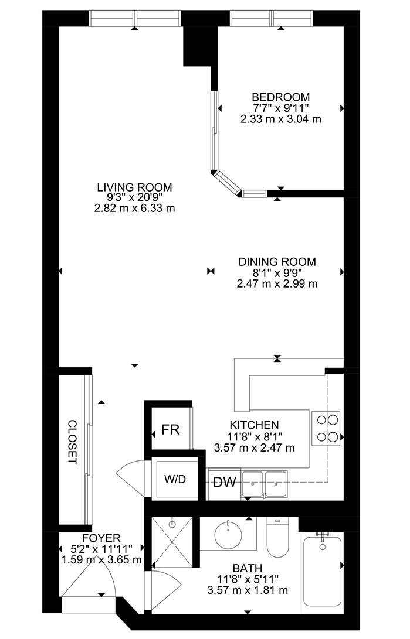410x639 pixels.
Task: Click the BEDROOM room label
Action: pyautogui.click(x=281, y=97)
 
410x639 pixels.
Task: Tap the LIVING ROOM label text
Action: pyautogui.click(x=135, y=187)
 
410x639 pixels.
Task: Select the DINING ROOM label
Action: pyautogui.click(x=277, y=262)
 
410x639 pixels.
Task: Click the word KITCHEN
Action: pyautogui.click(x=254, y=425)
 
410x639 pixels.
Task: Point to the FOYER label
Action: pyautogui.click(x=101, y=538)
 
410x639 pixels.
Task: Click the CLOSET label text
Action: pyautogui.click(x=72, y=442)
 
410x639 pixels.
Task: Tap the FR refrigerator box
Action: pyautogui.click(x=171, y=429)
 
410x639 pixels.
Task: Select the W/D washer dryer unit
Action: pyautogui.click(x=175, y=479)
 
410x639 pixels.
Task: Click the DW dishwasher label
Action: pyautogui.click(x=225, y=483)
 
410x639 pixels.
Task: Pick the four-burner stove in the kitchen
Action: pyautogui.click(x=326, y=428)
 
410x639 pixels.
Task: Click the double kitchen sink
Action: pyautogui.click(x=265, y=484)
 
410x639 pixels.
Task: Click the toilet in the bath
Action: pyautogui.click(x=277, y=537)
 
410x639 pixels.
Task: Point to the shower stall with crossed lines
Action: pyautogui.click(x=172, y=542)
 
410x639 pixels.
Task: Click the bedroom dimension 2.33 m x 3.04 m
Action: pyautogui.click(x=281, y=119)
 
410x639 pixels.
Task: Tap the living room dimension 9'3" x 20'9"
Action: pyautogui.click(x=135, y=197)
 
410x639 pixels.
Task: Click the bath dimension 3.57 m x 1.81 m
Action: pyautogui.click(x=248, y=590)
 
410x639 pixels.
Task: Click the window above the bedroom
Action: pyautogui.click(x=272, y=18)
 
